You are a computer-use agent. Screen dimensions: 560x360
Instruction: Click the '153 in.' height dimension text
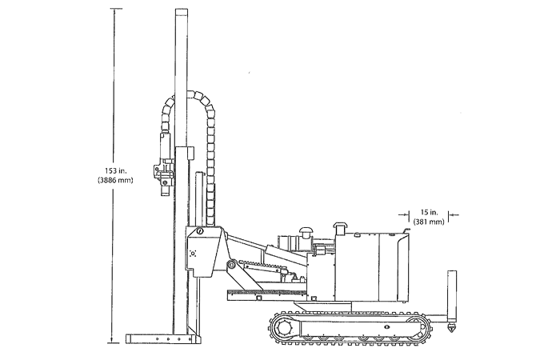tap(115, 170)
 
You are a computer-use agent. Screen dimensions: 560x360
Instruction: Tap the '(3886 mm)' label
tap(115, 180)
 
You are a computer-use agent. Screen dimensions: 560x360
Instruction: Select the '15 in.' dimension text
tap(429, 213)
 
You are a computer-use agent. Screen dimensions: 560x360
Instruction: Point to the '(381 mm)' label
tap(429, 222)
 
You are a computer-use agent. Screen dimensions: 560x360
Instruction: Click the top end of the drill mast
tap(181, 10)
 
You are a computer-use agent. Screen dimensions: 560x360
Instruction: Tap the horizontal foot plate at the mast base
tap(162, 339)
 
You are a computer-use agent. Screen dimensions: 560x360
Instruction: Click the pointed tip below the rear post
tap(452, 330)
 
